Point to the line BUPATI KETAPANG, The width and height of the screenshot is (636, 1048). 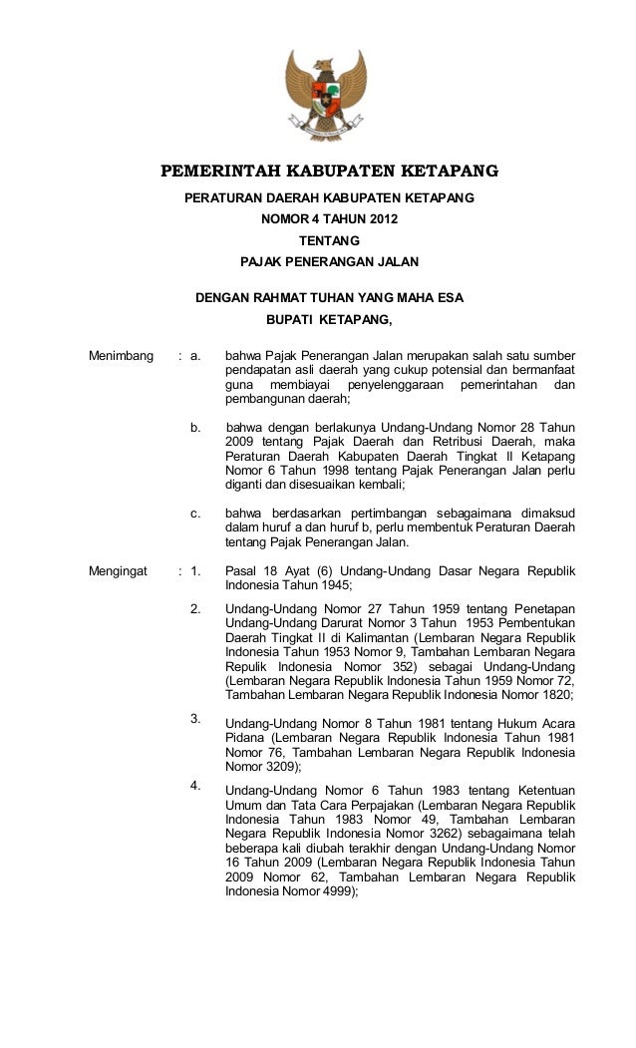pyautogui.click(x=330, y=320)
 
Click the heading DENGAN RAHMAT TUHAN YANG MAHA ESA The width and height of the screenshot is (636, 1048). pyautogui.click(x=330, y=297)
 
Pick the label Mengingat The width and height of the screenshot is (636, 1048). pyautogui.click(x=119, y=572)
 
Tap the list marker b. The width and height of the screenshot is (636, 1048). pyautogui.click(x=196, y=428)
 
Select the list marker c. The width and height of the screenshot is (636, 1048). pyautogui.click(x=196, y=515)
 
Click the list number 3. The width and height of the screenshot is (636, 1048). pyautogui.click(x=196, y=717)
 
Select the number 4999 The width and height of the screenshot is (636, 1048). pyautogui.click(x=334, y=894)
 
